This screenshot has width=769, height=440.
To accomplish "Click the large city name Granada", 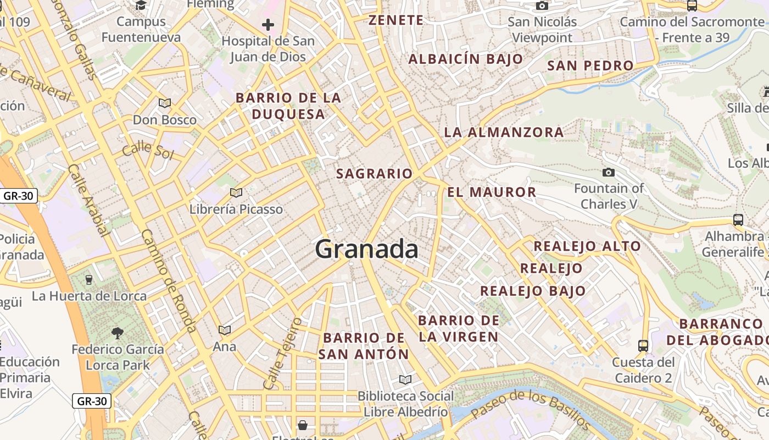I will [366, 249].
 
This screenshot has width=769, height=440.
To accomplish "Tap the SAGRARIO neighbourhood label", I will [374, 174].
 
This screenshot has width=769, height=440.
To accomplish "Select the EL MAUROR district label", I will [492, 192].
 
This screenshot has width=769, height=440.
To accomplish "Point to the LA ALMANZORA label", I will [504, 132].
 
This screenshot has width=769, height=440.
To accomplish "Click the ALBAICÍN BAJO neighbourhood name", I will [466, 59].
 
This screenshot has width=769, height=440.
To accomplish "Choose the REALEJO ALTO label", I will [587, 246].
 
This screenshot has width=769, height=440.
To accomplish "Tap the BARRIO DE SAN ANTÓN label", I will [364, 346].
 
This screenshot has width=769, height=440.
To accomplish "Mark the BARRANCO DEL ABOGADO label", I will [717, 332].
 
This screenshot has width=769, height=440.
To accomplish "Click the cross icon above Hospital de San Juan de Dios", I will [268, 25].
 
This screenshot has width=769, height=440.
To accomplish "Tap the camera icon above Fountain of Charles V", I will [608, 173].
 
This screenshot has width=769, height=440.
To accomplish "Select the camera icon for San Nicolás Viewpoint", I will [542, 6].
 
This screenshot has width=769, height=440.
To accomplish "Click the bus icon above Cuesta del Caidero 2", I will [643, 346].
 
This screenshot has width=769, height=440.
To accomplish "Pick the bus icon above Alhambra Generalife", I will [738, 220].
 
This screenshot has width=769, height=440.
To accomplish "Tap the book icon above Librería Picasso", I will [236, 193].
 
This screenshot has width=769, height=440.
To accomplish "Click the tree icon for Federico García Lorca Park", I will [117, 333].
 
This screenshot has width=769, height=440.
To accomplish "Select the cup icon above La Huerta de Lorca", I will [89, 280].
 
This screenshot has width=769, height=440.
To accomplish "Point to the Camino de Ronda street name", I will [169, 280].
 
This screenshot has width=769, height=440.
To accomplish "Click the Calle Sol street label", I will [148, 150].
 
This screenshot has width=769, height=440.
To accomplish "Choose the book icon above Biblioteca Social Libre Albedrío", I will [405, 380].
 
